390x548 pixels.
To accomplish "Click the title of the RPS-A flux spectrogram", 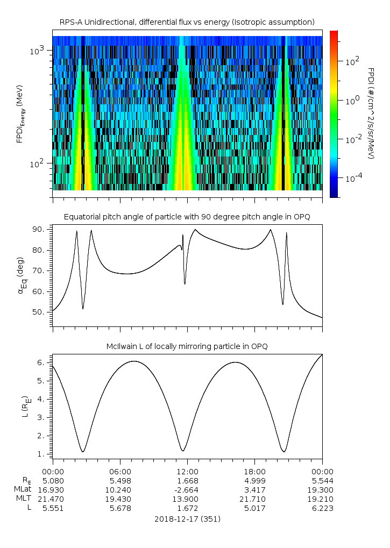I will pyautogui.click(x=187, y=22).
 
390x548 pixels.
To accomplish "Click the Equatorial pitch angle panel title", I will pyautogui.click(x=187, y=217).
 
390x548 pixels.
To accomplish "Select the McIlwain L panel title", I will pyautogui.click(x=187, y=346).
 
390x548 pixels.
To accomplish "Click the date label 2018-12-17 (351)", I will pyautogui.click(x=187, y=519).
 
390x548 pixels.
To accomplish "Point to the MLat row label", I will pyautogui.click(x=24, y=489).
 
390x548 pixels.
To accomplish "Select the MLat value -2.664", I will pyautogui.click(x=187, y=489).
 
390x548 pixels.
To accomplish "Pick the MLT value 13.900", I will pyautogui.click(x=187, y=499).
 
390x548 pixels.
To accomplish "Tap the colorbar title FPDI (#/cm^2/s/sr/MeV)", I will pyautogui.click(x=371, y=113).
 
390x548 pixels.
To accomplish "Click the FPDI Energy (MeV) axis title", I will pyautogui.click(x=20, y=113).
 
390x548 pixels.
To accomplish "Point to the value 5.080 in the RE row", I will pyautogui.click(x=53, y=480).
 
